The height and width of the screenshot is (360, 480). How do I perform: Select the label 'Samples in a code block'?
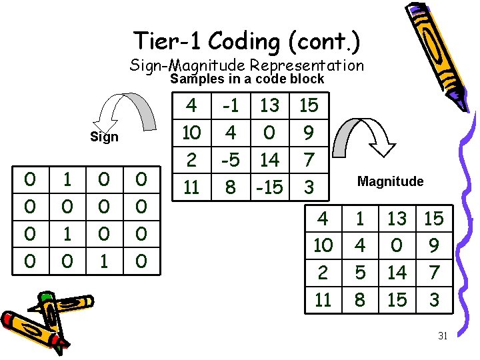[247, 79]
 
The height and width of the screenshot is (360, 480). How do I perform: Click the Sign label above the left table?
[104, 137]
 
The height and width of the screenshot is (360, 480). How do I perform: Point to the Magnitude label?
[390, 181]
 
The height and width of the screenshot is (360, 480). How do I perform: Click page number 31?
[442, 336]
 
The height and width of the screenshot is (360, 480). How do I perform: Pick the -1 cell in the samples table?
[230, 105]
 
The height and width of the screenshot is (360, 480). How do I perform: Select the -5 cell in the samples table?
[230, 160]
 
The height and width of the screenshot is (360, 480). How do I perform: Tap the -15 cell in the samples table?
[269, 187]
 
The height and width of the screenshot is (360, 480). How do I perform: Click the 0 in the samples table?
[269, 133]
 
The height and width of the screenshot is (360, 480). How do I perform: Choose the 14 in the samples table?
[269, 160]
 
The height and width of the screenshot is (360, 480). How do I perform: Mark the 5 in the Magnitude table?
[360, 273]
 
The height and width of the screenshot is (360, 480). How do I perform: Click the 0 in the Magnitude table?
[397, 245]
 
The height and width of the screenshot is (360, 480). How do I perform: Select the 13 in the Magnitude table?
[397, 219]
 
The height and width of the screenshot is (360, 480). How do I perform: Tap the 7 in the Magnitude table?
[434, 273]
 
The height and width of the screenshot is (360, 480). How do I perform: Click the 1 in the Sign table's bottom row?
[104, 260]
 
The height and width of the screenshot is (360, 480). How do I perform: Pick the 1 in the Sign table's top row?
[67, 179]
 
